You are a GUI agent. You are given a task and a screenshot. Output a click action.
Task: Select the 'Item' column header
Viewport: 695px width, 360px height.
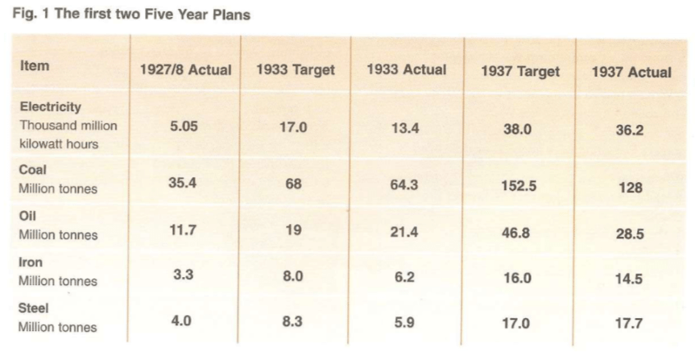(x=35, y=66)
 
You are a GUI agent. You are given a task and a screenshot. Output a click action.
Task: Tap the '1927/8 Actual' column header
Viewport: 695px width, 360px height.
(x=185, y=70)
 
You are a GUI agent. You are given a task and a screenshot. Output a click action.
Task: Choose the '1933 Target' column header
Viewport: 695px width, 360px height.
(x=296, y=70)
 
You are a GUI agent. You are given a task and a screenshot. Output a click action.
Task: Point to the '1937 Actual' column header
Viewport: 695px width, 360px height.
(x=631, y=72)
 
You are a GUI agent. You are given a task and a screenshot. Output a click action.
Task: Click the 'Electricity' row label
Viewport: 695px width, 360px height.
(x=50, y=106)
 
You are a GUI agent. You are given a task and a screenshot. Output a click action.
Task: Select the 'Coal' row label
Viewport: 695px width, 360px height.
(x=33, y=170)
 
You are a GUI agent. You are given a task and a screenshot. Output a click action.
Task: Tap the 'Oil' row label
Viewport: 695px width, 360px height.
(x=28, y=216)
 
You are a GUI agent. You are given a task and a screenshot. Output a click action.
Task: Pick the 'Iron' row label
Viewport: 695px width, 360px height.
(x=31, y=262)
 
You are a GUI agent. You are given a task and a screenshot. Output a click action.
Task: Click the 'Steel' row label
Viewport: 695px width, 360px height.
(x=34, y=308)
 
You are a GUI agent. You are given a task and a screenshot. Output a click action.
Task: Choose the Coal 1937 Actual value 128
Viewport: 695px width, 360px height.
(x=631, y=187)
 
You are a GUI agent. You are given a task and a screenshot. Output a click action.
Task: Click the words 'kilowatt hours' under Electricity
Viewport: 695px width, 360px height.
(x=58, y=143)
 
